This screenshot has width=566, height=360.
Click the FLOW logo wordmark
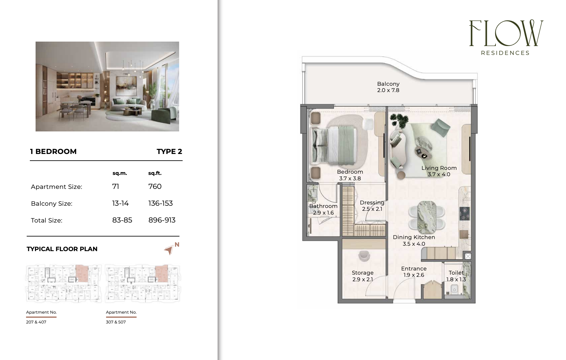[x=506, y=33]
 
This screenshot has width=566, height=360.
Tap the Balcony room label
[x=388, y=84]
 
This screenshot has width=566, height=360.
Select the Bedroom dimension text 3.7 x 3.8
[x=350, y=178]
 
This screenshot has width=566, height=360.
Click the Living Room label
[x=439, y=168]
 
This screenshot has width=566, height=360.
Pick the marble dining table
[x=427, y=216]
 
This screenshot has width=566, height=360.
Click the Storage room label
[x=362, y=273]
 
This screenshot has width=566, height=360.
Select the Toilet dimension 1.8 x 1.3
[x=456, y=279]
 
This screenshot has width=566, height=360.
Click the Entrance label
[x=414, y=269]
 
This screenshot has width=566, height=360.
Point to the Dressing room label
[x=372, y=203]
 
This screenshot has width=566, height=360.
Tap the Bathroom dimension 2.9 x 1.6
[x=323, y=213]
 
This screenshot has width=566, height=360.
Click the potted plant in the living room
[x=399, y=120]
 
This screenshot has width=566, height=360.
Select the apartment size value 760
[x=155, y=186]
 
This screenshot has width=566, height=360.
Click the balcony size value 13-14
[x=120, y=203]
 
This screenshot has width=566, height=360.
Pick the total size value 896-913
[x=162, y=220]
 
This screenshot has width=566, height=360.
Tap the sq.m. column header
[x=120, y=173]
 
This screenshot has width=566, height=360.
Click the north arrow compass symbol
[x=169, y=250]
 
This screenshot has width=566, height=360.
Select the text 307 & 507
[x=116, y=322]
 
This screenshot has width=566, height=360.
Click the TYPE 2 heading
[x=169, y=151]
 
